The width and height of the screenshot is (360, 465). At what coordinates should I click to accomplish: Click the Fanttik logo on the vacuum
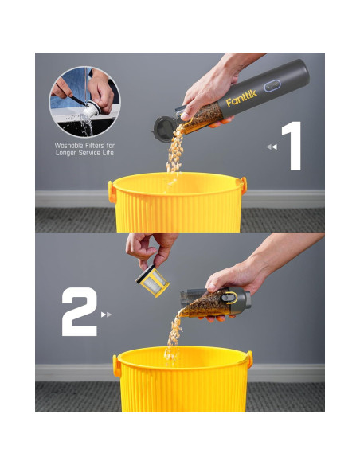coord(241,98)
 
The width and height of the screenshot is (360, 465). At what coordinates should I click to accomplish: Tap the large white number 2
coord(80,311)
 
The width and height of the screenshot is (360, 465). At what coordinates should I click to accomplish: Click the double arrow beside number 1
coord(272,147)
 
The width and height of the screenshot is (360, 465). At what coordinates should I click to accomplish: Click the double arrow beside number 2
coord(106,315)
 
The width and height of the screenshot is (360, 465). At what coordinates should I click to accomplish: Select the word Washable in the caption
coord(69,146)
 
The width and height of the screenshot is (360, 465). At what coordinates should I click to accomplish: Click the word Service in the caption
coord(88,153)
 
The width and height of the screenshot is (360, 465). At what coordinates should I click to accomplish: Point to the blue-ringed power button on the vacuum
coord(272,86)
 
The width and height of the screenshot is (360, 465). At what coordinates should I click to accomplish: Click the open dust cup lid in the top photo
coord(164,129)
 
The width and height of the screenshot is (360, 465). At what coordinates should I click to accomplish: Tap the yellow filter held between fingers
coord(153,280)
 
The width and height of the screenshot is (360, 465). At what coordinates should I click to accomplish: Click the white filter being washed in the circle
coord(91,110)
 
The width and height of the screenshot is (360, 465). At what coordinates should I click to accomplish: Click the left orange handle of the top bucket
coord(112,192)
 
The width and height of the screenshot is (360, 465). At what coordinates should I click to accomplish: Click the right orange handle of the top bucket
coord(244,186)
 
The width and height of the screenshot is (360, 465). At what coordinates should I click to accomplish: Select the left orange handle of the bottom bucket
coord(117,366)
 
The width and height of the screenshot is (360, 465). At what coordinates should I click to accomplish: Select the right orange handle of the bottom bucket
coord(249,359)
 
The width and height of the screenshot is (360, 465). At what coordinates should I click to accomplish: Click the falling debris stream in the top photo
coord(175,152)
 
